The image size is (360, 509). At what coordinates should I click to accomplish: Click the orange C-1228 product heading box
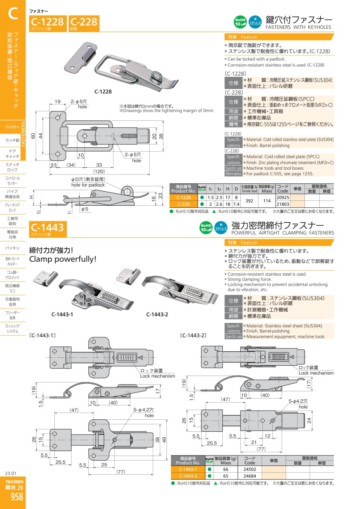[47, 23]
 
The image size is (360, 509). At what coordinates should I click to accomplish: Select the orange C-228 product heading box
[84, 23]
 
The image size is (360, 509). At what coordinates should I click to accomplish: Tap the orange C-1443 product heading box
[47, 229]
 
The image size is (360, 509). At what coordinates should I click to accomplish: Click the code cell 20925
[282, 198]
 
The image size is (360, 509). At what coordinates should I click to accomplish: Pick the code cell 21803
[282, 204]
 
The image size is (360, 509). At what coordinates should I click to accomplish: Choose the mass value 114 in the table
[266, 201]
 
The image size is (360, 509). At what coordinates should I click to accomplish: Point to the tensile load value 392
[249, 201]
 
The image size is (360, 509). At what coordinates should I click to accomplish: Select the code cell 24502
[250, 469]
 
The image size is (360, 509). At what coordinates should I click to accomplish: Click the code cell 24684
[250, 476]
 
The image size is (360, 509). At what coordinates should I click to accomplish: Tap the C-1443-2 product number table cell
[188, 476]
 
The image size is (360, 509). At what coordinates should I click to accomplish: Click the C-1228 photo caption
[103, 91]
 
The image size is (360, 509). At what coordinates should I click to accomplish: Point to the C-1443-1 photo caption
[62, 314]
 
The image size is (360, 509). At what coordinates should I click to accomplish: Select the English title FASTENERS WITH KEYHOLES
[298, 27]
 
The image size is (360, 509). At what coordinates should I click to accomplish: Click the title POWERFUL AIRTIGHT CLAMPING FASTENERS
[282, 233]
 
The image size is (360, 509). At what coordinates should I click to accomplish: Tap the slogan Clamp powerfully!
[63, 259]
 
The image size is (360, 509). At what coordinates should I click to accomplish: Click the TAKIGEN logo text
[14, 482]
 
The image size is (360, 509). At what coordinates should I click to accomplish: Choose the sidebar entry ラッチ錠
[12, 140]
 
